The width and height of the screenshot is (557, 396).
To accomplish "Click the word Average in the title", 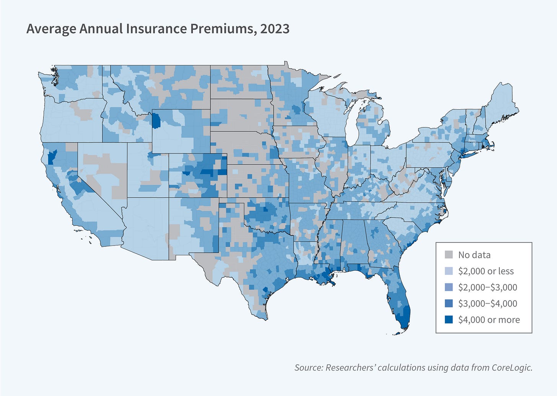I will (x=51, y=29).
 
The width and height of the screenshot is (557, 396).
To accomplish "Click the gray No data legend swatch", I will (x=449, y=255).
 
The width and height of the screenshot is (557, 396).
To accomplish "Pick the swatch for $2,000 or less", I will (x=449, y=271).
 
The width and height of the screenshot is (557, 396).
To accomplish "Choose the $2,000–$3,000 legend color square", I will (x=449, y=287).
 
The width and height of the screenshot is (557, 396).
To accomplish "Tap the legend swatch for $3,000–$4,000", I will (x=449, y=304).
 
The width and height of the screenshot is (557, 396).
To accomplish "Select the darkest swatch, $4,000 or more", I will (x=449, y=320).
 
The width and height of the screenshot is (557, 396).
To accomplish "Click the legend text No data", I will (x=474, y=255).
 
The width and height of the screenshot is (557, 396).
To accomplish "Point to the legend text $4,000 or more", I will (x=489, y=320).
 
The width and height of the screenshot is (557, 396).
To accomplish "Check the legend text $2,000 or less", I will (x=486, y=271).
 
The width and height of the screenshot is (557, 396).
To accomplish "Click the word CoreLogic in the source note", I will (x=512, y=367).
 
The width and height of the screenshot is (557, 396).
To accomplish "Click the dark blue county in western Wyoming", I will (x=156, y=121).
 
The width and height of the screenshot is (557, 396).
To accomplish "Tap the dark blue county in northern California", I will (x=52, y=156).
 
